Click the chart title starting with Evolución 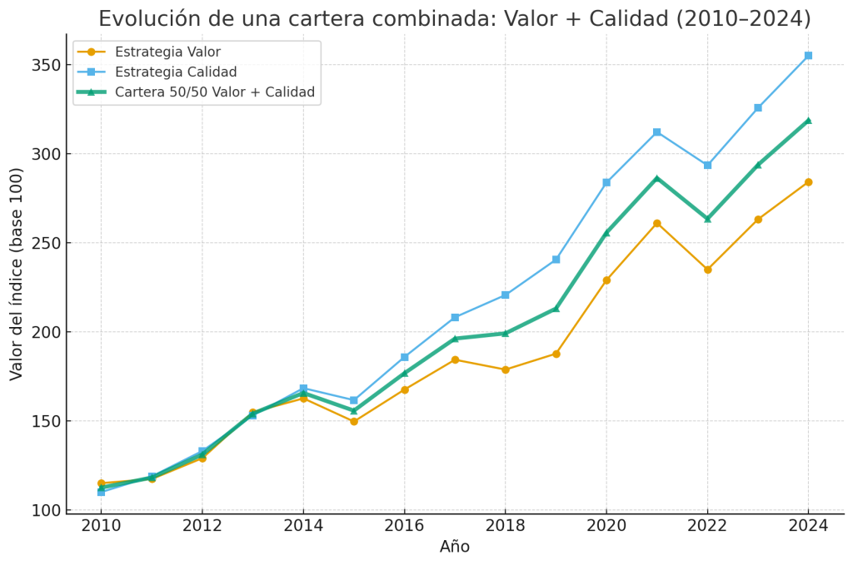[454, 18]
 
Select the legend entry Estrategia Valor [167, 52]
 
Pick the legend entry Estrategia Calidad [176, 72]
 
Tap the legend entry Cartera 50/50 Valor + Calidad [215, 92]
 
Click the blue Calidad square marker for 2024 [808, 56]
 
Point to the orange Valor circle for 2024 [808, 182]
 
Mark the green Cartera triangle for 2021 [656, 178]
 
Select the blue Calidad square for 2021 [656, 132]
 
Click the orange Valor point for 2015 [353, 421]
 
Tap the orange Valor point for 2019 [556, 354]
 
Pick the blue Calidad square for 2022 [707, 165]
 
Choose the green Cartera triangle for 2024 [808, 121]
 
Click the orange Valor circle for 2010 [101, 483]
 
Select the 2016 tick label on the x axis [404, 526]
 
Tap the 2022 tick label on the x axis [707, 526]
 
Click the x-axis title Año [455, 548]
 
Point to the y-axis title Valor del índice [17, 274]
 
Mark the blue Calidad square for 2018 [505, 295]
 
